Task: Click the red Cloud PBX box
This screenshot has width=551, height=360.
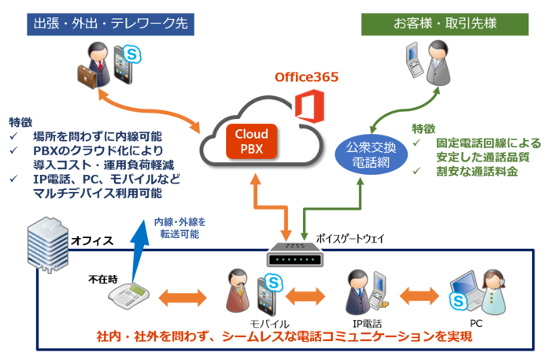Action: pos(252,141)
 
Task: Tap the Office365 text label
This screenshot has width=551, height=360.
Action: pos(306,77)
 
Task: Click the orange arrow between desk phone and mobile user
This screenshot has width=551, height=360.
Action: pos(182,299)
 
